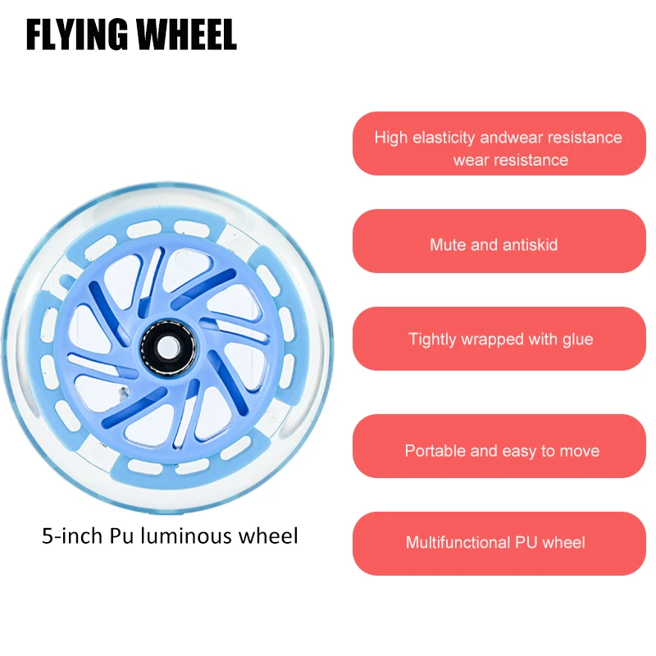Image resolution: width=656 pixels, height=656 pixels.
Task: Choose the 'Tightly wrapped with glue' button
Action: [499, 339]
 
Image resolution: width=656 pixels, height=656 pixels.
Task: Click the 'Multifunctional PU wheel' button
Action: [499, 543]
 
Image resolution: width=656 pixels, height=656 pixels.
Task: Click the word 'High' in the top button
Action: [390, 138]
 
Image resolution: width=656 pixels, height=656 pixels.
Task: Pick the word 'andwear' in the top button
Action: [509, 138]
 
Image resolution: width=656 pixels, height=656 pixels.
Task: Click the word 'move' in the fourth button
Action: [580, 451]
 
